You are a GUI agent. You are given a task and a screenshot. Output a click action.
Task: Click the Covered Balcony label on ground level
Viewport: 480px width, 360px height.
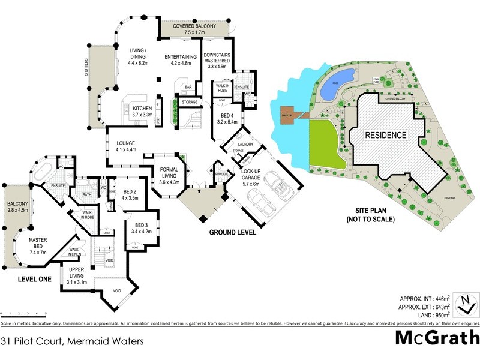tap(194, 30)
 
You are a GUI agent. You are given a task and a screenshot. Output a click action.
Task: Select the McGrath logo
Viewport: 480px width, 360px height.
tap(436, 338)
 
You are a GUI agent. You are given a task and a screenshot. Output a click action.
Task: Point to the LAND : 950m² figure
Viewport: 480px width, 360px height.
tap(427, 314)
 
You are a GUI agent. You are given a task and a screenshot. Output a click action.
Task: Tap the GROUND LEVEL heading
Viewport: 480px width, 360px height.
tap(232, 232)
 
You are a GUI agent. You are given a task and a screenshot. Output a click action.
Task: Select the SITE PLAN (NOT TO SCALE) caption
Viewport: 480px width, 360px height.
tap(370, 215)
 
